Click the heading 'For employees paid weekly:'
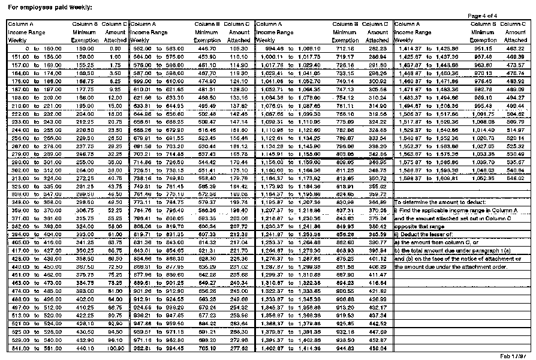(x=42, y=7)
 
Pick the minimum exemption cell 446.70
(x=206, y=48)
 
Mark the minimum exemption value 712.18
(x=345, y=48)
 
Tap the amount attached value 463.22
(x=515, y=48)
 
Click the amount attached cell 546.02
(x=515, y=178)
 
